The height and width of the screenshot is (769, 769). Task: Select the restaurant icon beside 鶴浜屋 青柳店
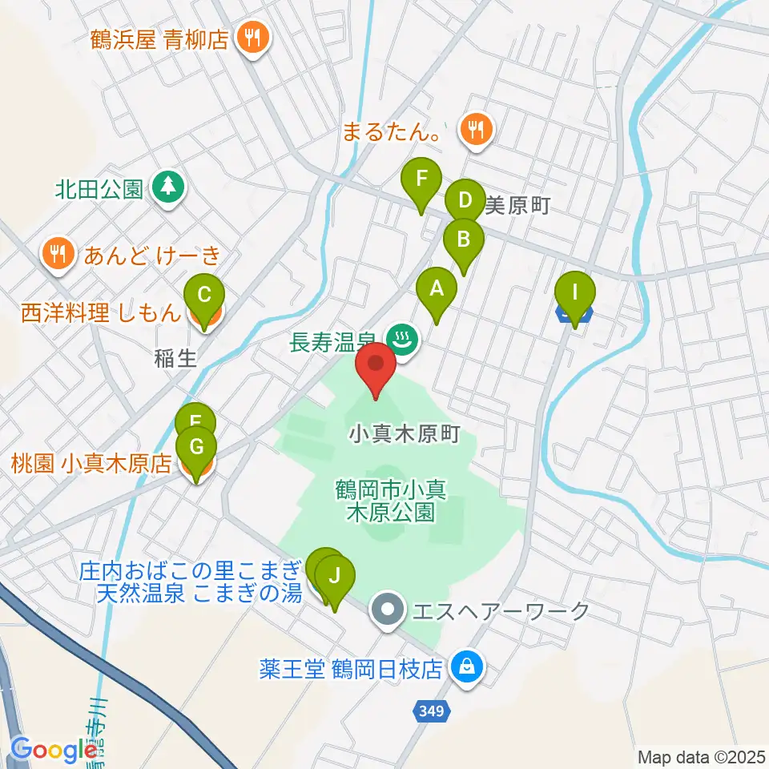(253, 38)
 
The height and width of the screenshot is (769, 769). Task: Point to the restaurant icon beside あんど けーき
(56, 256)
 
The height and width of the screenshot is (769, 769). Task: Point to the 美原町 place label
(517, 207)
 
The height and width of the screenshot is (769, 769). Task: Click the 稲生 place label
(175, 359)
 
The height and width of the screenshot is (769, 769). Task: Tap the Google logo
(54, 750)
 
